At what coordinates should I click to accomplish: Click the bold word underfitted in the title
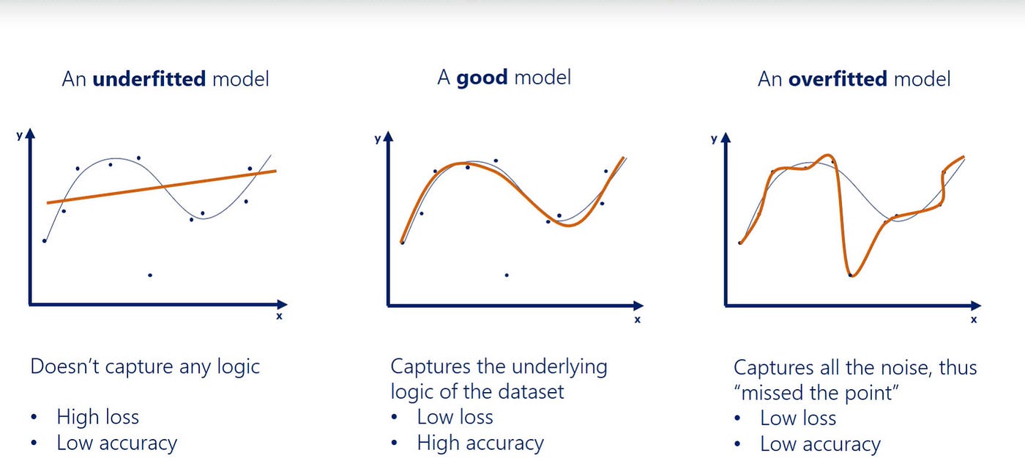click(x=149, y=78)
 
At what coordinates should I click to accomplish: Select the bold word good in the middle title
click(x=482, y=77)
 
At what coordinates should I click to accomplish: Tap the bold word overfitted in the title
click(x=838, y=78)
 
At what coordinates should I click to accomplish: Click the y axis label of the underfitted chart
click(x=18, y=136)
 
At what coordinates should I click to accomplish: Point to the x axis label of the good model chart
click(x=637, y=320)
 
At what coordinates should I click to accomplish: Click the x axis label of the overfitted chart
click(x=973, y=320)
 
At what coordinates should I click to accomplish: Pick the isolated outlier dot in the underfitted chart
click(x=150, y=275)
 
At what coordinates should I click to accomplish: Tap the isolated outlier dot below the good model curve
click(x=507, y=275)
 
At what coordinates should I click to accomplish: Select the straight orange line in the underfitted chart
click(x=161, y=187)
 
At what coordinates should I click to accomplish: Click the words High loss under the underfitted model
click(x=97, y=417)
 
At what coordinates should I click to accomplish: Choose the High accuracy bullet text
click(x=480, y=443)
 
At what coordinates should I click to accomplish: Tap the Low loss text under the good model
click(x=455, y=417)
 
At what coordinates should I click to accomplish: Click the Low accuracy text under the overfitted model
click(x=820, y=444)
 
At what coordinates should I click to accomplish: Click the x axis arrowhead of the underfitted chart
click(x=282, y=303)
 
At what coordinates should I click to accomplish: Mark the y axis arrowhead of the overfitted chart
click(x=726, y=136)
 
